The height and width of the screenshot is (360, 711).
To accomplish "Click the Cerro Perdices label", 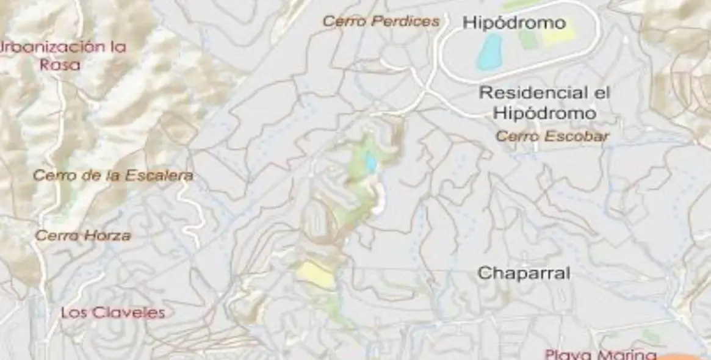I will coord(381,21).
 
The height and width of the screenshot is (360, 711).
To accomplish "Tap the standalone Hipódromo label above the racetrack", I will coord(514,23).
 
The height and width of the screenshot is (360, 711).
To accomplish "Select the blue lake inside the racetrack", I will coord(489,51).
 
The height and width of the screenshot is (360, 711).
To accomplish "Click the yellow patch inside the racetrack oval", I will coord(558,36).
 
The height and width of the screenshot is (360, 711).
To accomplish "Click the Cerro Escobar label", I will coord(552,136).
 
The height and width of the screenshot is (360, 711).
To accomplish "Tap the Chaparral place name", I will coord(524,273).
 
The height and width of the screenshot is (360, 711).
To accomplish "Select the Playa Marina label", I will coord(601,354).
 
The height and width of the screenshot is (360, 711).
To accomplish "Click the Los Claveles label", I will coord(113,313).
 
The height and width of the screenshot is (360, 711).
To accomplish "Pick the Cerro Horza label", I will coord(83,235).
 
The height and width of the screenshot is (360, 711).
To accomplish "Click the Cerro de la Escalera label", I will coord(113,176).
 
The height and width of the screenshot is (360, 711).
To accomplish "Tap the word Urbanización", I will coord(50,47).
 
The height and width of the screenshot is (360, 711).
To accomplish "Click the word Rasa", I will coord(60,64).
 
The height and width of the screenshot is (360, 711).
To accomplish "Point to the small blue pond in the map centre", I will coord(370,162).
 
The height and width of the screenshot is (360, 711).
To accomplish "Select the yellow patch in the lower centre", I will coord(315,275).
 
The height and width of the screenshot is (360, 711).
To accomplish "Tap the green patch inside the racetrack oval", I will coord(527,39).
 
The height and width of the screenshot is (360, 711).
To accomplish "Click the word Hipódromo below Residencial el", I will coord(544,113).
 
